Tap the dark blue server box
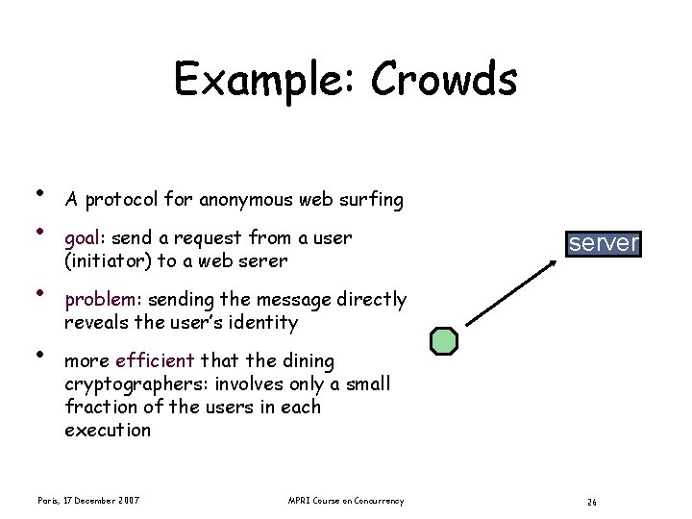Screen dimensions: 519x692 click(x=603, y=243)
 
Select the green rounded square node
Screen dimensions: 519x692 click(x=444, y=340)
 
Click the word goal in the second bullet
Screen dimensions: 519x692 click(x=84, y=237)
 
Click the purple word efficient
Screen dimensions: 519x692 click(x=155, y=361)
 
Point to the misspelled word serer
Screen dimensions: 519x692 click(x=259, y=260)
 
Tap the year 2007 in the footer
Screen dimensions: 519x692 click(x=130, y=501)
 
